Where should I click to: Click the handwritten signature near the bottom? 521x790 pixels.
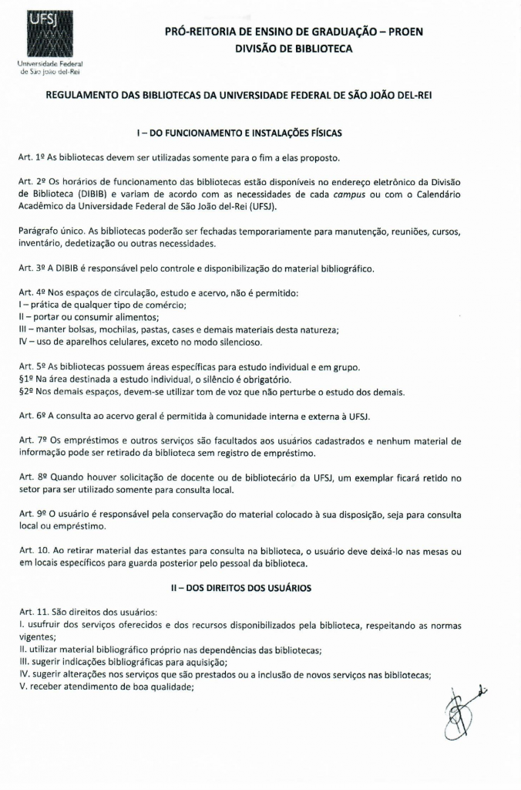pos(464,711)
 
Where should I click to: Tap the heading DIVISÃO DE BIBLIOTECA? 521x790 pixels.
pos(294,49)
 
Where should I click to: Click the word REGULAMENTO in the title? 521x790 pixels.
pos(82,96)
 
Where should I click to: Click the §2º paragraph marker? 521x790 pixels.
pos(26,392)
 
